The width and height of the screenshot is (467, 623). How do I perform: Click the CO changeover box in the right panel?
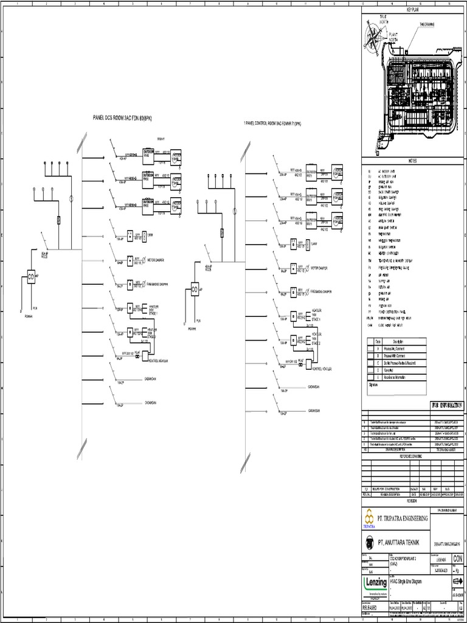pos(195,288)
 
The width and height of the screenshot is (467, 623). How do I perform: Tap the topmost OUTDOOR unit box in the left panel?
pos(148,153)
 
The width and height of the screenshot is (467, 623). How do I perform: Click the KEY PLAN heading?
pos(413,10)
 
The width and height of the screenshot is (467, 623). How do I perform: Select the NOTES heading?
pos(413,159)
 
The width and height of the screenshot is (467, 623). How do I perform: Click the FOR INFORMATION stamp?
pos(438,404)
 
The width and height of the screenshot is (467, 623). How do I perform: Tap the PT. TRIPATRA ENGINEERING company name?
pos(403,518)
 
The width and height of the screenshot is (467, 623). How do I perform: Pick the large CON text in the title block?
pos(457,559)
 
